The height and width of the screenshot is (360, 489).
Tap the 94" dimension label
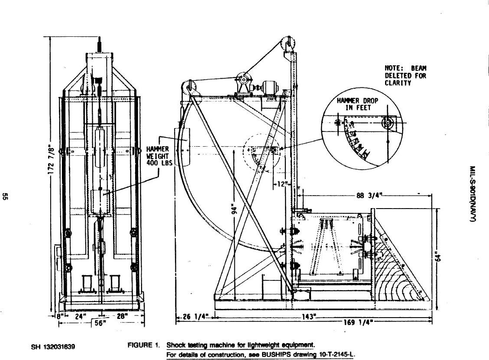(x=235, y=209)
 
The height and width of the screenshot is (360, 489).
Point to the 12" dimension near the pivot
(x=282, y=184)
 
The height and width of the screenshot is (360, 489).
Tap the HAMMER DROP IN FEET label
(x=357, y=104)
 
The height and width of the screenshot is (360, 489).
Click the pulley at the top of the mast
(x=287, y=44)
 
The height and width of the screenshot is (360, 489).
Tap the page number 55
(x=6, y=197)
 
